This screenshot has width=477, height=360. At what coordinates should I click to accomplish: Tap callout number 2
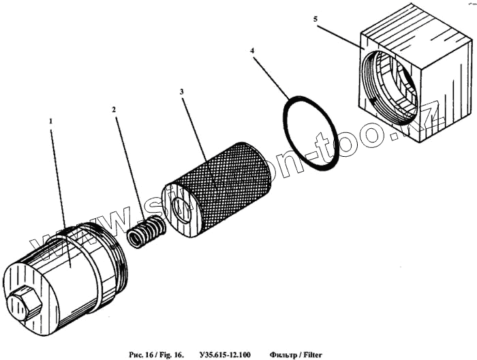tap(114, 109)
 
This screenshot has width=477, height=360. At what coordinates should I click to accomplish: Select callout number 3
tap(181, 91)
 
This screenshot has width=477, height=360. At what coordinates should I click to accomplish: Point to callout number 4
tap(253, 51)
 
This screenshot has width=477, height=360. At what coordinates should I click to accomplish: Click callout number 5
tap(316, 20)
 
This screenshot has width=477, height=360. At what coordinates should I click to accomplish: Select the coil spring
tap(146, 232)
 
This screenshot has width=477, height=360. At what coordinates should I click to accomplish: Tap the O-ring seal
tap(311, 134)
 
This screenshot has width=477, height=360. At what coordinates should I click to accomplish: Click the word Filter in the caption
tap(311, 355)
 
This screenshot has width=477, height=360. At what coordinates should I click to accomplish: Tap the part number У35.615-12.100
tap(225, 355)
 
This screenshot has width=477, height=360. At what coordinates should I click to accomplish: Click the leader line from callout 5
tap(341, 36)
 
